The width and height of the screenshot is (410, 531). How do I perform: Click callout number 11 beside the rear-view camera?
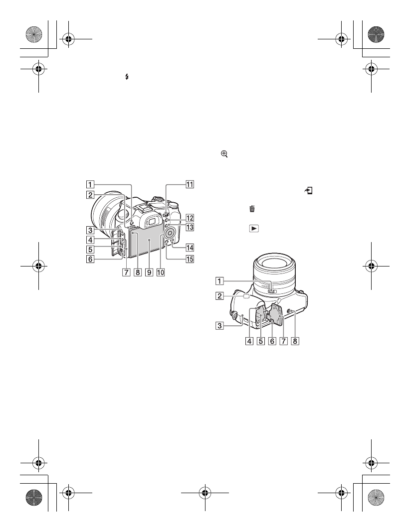[190, 185]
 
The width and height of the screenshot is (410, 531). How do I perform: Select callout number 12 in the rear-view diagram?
[190, 218]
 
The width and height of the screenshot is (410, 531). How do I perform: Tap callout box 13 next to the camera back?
[190, 227]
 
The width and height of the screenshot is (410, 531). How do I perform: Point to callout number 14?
[190, 248]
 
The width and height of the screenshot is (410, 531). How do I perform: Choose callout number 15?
[190, 259]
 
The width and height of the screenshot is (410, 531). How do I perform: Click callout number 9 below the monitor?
[149, 272]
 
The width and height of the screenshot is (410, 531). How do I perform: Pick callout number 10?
[161, 272]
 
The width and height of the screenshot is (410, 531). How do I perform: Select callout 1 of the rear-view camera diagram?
[90, 185]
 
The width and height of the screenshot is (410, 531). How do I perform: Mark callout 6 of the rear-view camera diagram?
[90, 260]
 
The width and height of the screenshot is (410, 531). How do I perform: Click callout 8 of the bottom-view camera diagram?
[295, 341]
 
